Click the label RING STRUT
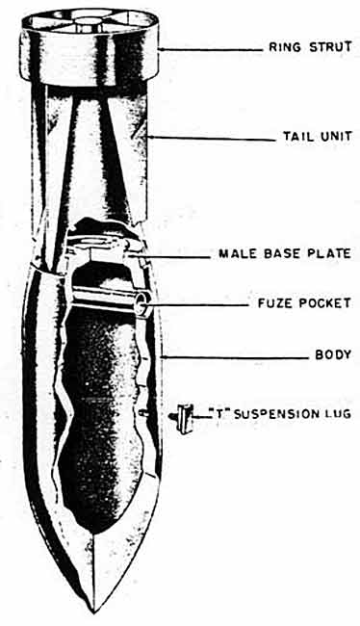click(x=310, y=47)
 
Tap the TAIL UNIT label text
click(x=318, y=136)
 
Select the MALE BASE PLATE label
click(x=285, y=253)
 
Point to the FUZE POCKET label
click(x=304, y=303)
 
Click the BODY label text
click(x=333, y=354)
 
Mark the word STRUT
click(x=331, y=47)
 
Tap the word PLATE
click(x=332, y=253)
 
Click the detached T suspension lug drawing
click(x=184, y=418)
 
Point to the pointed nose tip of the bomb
click(x=93, y=612)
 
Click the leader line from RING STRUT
click(x=211, y=50)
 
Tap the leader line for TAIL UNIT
click(x=212, y=139)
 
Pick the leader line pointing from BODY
click(x=235, y=356)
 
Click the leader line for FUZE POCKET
click(x=198, y=305)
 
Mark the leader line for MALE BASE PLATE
click(x=168, y=256)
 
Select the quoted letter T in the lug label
click(x=219, y=413)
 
